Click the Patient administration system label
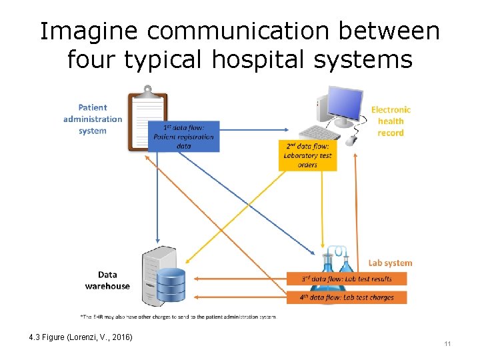coord(93,119)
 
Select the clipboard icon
coord(147,118)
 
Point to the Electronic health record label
coord(391,121)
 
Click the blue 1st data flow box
coord(183,137)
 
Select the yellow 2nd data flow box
coord(307,155)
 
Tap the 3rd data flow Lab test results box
coord(347,279)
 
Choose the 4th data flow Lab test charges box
coord(347,297)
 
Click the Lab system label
coord(390,263)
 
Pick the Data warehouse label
coord(107,280)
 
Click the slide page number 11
coord(447,343)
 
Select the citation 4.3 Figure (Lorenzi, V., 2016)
coord(81,337)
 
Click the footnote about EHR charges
coord(177,316)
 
